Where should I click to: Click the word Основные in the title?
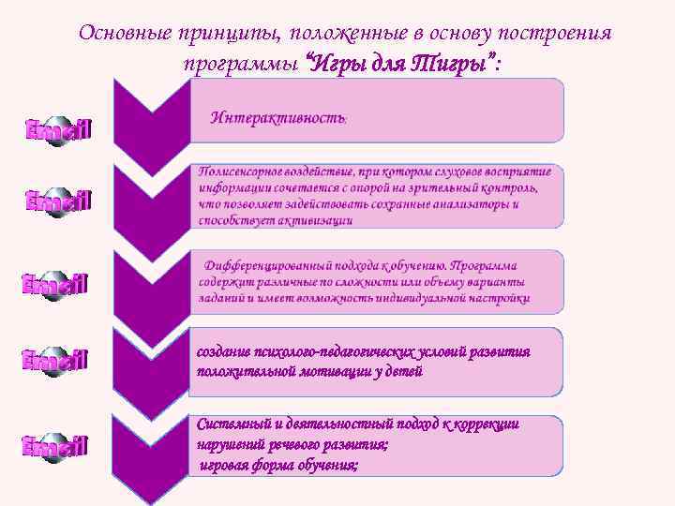(x=121, y=33)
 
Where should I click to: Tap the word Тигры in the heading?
(x=447, y=63)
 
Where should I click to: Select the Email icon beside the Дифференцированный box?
(x=55, y=285)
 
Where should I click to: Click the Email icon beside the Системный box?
(x=55, y=447)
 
